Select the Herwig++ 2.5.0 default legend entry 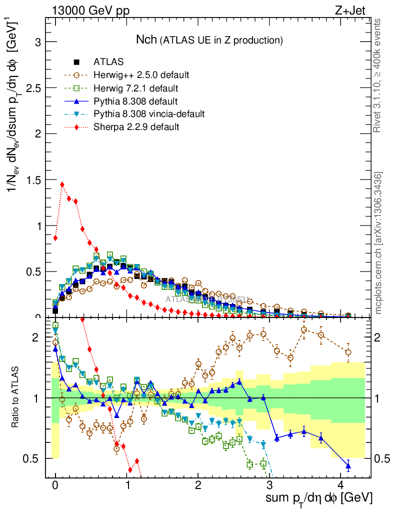click(x=140, y=75)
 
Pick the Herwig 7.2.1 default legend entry click(x=136, y=88)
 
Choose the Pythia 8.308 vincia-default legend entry click(x=148, y=114)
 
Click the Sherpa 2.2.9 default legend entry click(x=136, y=127)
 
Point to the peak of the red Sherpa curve click(x=62, y=184)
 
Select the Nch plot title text click(x=210, y=39)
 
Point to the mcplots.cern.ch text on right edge click(x=378, y=242)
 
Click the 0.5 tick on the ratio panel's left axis click(x=34, y=458)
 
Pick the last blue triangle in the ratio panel click(x=348, y=466)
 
